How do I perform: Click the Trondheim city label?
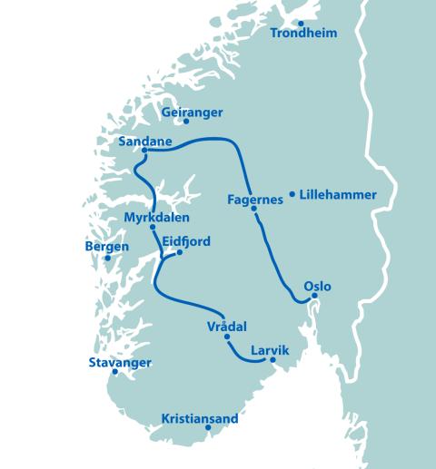point(304,34)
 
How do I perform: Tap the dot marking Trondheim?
point(301,23)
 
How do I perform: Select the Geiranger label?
point(192,112)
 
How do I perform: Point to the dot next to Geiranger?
point(186,121)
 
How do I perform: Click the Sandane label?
point(145,141)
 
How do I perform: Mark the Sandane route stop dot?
point(133,151)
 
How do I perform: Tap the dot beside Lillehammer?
point(292,193)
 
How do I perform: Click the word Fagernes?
point(255,200)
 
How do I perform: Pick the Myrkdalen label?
point(155,218)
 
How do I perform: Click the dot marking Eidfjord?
point(180,252)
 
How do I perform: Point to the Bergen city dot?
point(107,258)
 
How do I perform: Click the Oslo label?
point(317,287)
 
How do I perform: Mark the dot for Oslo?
point(314,295)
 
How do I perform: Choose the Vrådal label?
point(228,327)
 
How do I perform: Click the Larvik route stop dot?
point(272,360)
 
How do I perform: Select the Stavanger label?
point(120,363)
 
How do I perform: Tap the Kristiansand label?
point(199,419)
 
